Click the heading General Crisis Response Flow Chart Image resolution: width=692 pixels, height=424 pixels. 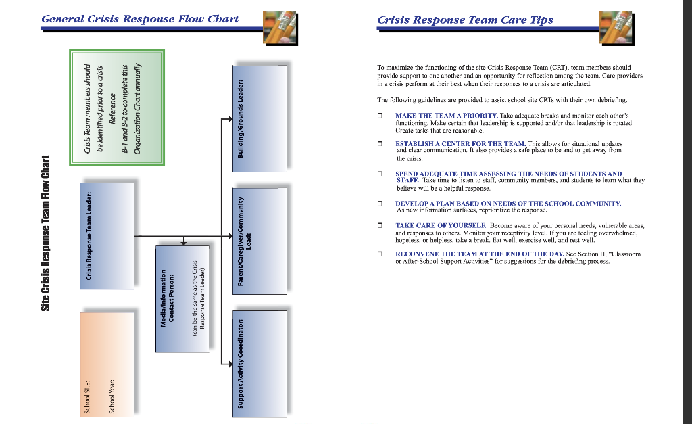click(140, 18)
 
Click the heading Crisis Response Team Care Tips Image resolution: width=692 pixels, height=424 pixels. click(465, 20)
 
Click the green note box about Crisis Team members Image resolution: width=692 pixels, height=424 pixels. click(116, 108)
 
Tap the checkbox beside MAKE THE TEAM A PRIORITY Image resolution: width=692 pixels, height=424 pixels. click(380, 116)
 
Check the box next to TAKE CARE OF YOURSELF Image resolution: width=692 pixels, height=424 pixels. click(380, 225)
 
